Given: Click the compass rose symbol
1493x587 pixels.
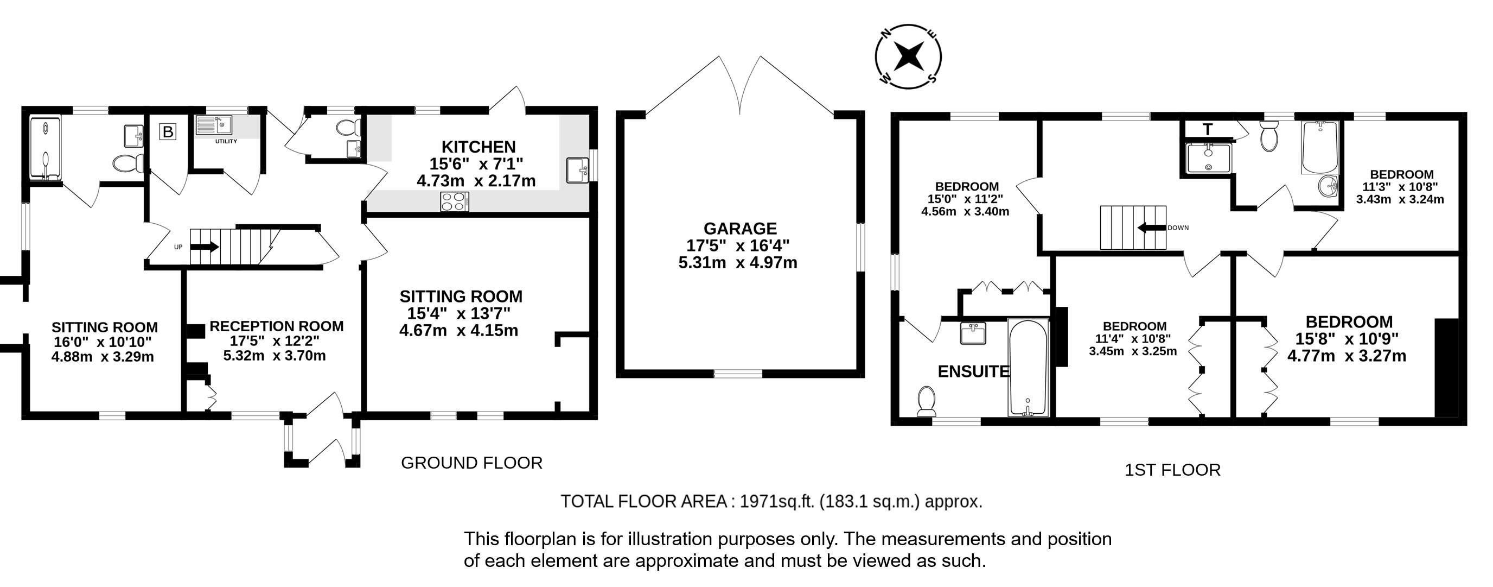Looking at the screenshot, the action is point(908,57).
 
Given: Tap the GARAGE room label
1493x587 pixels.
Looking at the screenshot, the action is point(739,229).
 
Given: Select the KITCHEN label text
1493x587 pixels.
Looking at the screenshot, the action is point(478,147).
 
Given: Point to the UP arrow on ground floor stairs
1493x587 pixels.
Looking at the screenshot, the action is point(204,247).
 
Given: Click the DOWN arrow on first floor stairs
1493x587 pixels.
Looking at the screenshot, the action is point(1151,228).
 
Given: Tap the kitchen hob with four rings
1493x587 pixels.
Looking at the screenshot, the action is point(455,201).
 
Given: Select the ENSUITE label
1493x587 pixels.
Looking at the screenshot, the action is point(974,372).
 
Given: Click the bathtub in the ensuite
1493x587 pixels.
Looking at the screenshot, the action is point(1028,367).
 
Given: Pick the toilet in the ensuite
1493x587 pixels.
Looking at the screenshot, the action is point(927,401).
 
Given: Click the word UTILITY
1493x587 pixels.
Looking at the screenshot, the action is point(226,142).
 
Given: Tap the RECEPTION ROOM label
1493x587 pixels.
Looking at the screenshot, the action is point(277,326).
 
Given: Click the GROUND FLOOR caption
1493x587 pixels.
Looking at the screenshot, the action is point(472,463).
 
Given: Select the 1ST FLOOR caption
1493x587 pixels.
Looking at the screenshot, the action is point(1172,470).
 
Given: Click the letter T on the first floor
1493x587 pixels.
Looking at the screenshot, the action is point(1207,129).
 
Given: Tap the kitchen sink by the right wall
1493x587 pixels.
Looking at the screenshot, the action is point(578,171).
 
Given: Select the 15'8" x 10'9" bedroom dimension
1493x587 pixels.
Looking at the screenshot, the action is point(1347,339).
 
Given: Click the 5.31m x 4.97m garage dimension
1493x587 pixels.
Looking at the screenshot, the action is point(738,263).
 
